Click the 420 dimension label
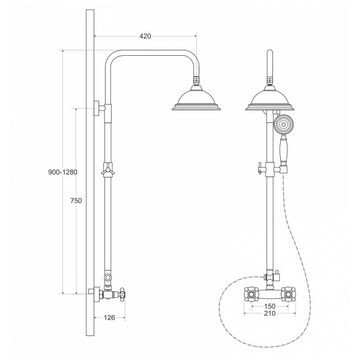pos(145,36)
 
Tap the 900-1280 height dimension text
pos(62,172)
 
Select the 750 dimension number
pos(76,200)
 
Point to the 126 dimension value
pos(109,317)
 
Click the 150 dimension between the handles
pos(270,306)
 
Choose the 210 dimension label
pos(270,313)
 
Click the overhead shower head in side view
pos(196,98)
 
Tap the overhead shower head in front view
pos(270,98)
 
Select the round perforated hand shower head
pos(284,124)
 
